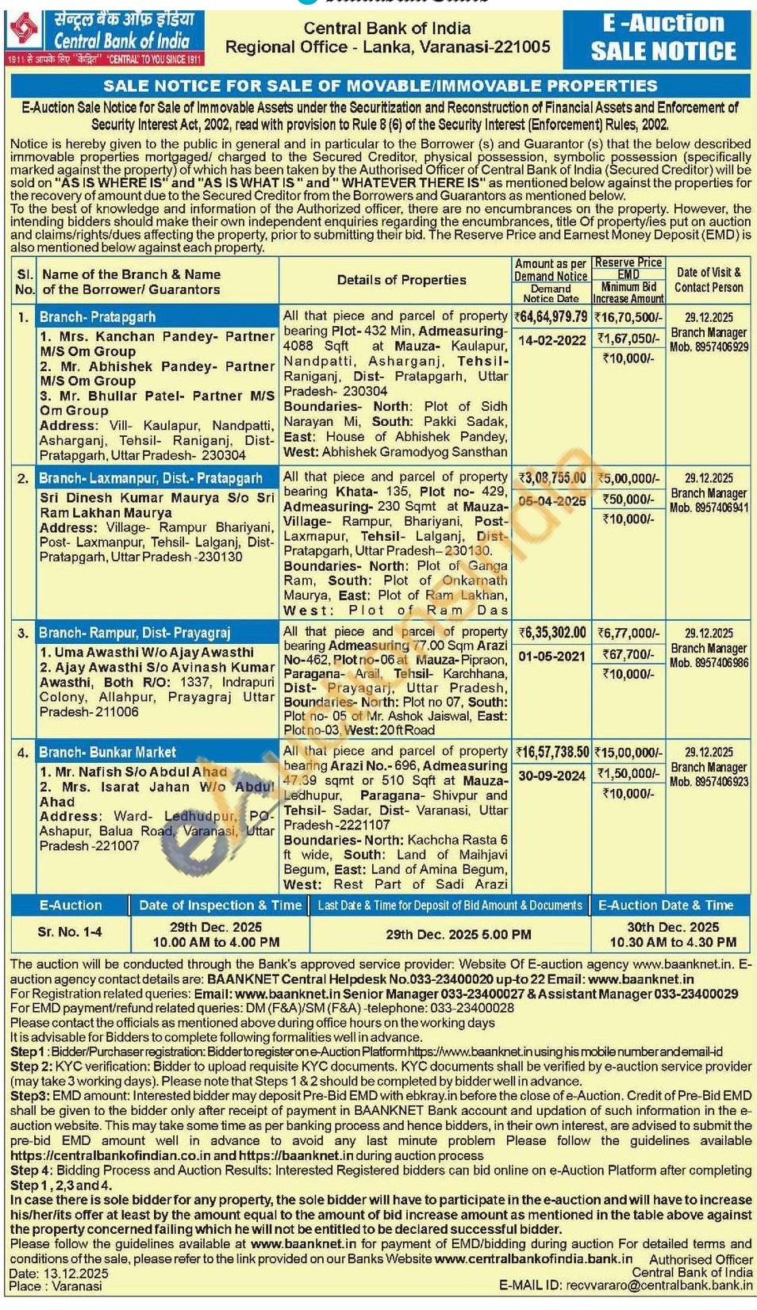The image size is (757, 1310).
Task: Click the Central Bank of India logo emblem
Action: pos(24,31)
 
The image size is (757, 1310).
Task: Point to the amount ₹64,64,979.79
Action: pos(552,317)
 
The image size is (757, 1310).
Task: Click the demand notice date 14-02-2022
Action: pos(552,340)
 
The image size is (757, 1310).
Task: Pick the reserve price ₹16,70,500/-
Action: pos(628,317)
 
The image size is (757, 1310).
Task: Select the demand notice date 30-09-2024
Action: pos(552,776)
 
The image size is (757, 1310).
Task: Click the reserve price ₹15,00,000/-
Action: pos(628,753)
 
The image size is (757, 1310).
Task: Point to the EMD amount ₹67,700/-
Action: pos(628,654)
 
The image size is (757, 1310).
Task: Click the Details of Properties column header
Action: pos(402,280)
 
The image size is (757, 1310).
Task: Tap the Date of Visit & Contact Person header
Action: pos(709,280)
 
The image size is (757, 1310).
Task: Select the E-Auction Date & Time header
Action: pos(666,905)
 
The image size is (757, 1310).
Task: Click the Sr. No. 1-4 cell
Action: pos(70,932)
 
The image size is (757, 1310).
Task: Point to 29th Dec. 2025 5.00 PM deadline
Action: pos(459,934)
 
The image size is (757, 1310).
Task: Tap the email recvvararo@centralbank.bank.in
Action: pos(659,1285)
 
